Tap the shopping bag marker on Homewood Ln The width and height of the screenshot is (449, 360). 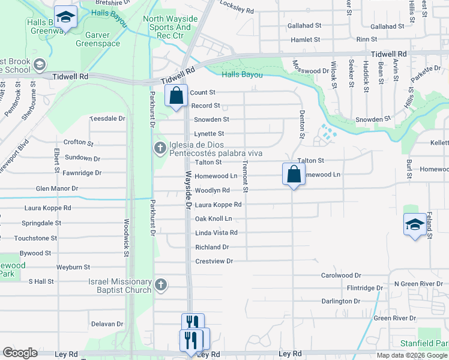coord(294,175)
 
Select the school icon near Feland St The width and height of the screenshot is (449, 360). coord(415,226)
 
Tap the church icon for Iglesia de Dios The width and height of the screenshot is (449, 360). coord(160,148)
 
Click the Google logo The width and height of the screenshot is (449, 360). coord(20,353)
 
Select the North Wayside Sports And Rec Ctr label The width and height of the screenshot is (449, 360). coord(167,27)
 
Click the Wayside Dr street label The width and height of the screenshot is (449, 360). coord(188,190)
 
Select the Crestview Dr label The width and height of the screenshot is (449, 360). coord(214,262)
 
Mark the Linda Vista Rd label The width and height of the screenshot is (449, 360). coord(216,233)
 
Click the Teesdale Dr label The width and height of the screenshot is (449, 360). coord(107,119)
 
